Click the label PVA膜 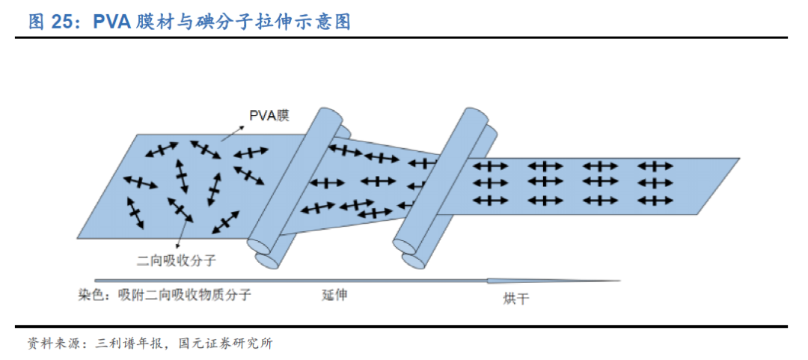269,115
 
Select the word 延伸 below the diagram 334,295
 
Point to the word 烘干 515,299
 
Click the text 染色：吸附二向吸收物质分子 164,295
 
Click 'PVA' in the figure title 113,22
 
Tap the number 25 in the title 62,22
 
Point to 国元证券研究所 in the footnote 227,344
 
